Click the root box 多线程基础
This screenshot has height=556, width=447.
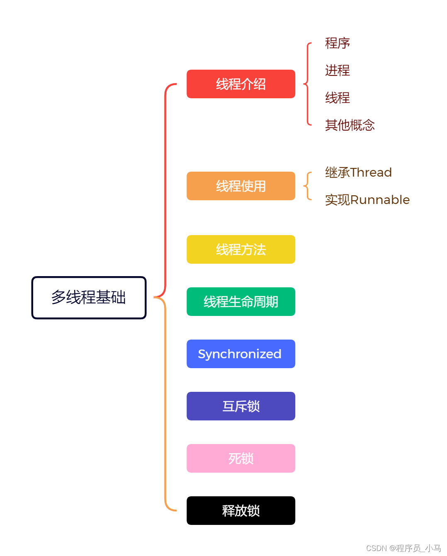[89, 298]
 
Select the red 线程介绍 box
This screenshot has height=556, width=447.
[241, 84]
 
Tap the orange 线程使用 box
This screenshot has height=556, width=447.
[241, 186]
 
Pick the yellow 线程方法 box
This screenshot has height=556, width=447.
[241, 250]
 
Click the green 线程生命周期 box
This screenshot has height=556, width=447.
[241, 302]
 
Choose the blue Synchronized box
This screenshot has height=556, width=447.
[241, 354]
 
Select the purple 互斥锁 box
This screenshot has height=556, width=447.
[241, 406]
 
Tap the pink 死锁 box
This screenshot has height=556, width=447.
[241, 459]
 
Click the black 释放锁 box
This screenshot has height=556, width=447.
[241, 511]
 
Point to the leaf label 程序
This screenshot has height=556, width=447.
[337, 43]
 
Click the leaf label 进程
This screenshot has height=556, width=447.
[337, 70]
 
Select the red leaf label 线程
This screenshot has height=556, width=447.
[337, 98]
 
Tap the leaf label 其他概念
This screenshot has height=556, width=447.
[350, 125]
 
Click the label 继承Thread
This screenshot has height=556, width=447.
[358, 172]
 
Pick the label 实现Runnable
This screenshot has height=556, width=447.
[367, 200]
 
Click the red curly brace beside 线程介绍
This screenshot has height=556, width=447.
[307, 84]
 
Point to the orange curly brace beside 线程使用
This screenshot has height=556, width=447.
[308, 186]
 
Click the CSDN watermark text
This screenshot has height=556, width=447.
[403, 548]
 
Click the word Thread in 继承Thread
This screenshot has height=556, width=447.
[371, 172]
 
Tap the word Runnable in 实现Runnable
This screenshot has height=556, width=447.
[380, 200]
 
